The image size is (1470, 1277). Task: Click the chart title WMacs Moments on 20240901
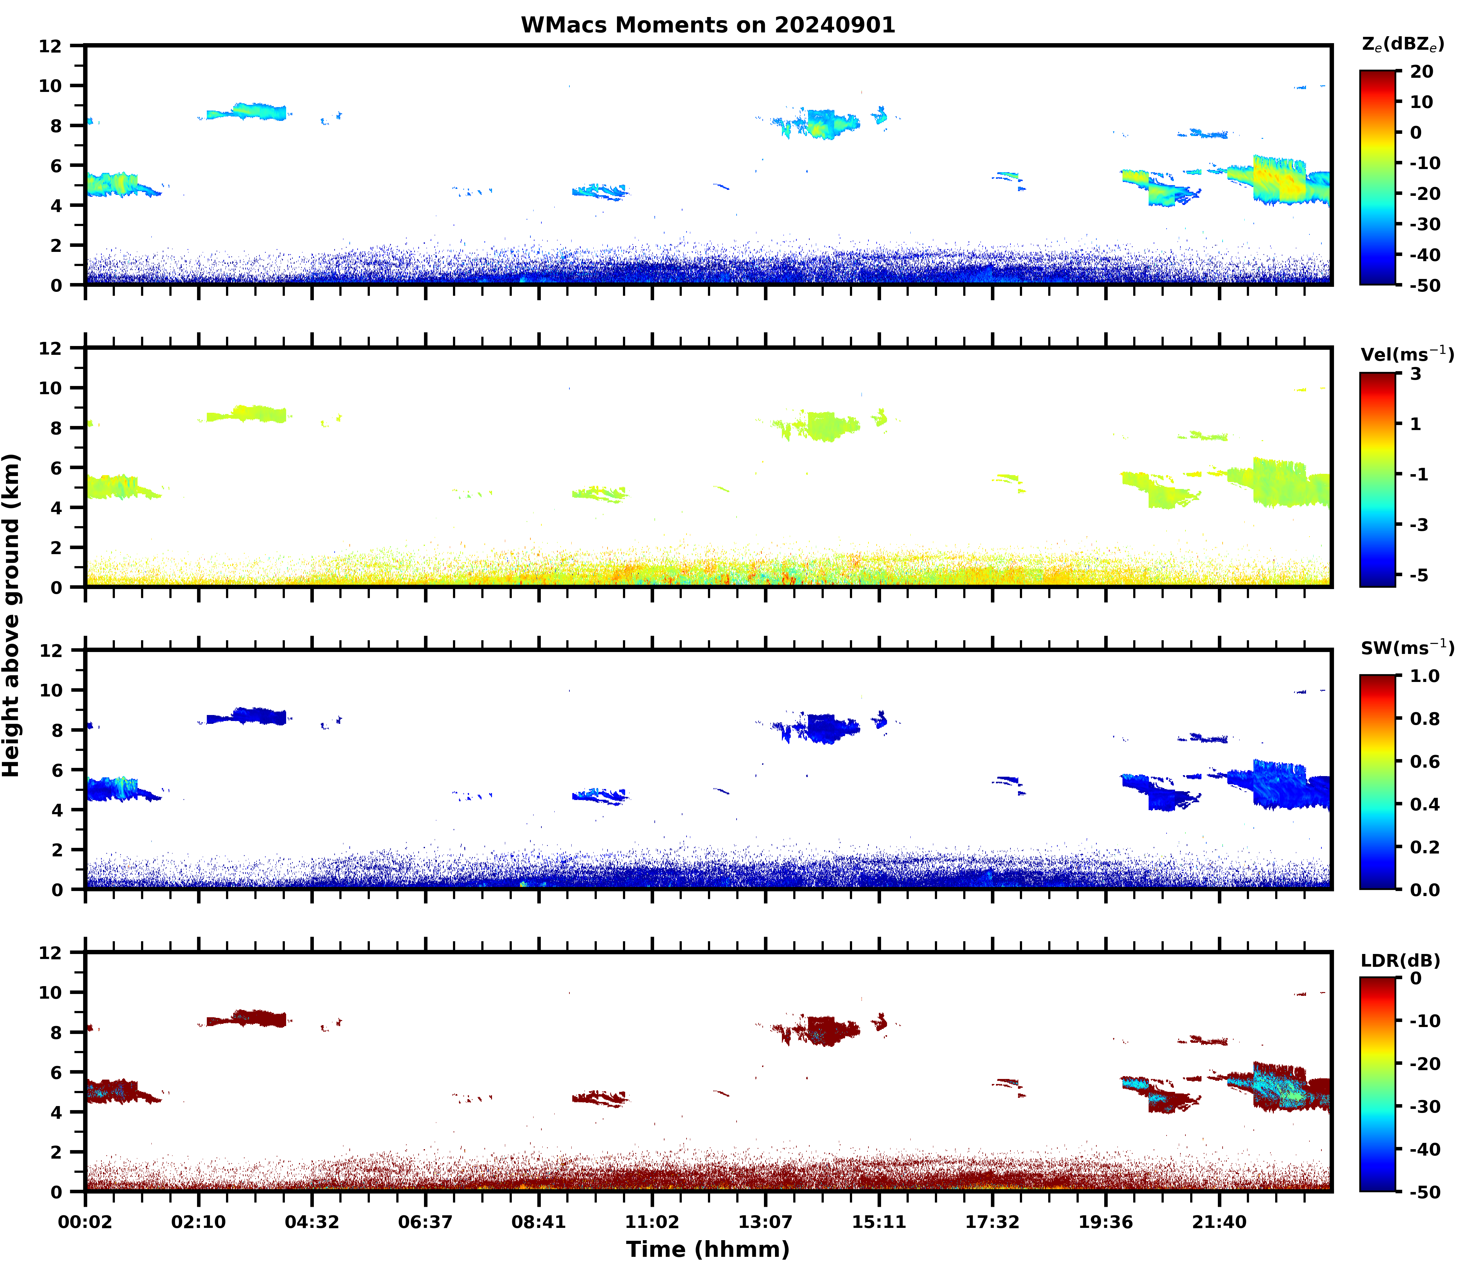(x=708, y=25)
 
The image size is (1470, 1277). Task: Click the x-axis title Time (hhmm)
(x=708, y=1249)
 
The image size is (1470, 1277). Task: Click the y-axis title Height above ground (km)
(x=11, y=615)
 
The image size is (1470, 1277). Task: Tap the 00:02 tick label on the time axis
(x=86, y=1222)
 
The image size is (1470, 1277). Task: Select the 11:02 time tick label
(x=652, y=1222)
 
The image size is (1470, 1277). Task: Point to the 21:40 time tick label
(x=1219, y=1222)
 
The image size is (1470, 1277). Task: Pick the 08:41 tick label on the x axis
(x=539, y=1222)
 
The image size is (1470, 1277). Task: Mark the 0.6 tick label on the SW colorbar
(x=1425, y=762)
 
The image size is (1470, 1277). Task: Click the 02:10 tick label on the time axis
(x=199, y=1222)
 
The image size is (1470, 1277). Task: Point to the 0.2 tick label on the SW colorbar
(x=1425, y=847)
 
